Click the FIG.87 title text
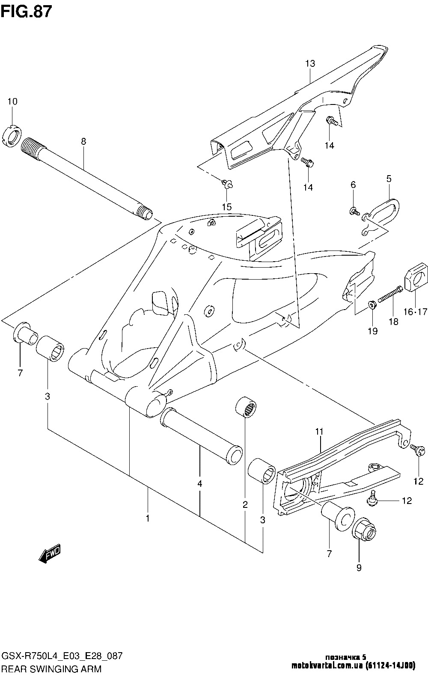pyautogui.click(x=26, y=12)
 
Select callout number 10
pyautogui.click(x=12, y=101)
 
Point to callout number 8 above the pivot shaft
pyautogui.click(x=83, y=141)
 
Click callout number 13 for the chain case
pyautogui.click(x=310, y=63)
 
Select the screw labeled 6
pyautogui.click(x=354, y=211)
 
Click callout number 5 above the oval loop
pyautogui.click(x=389, y=179)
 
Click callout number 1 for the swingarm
pyautogui.click(x=147, y=518)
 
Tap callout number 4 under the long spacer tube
pyautogui.click(x=199, y=483)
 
